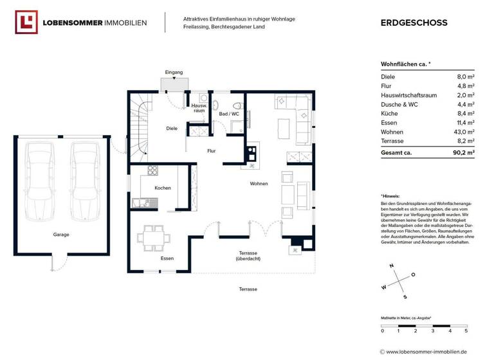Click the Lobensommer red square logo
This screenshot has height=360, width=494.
[26, 22]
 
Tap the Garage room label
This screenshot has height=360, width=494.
[61, 235]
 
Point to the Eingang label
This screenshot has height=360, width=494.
[174, 72]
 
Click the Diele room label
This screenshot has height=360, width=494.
[172, 128]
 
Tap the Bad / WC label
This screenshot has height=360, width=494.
[229, 114]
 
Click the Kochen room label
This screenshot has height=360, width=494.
[163, 188]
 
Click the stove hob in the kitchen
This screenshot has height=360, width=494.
[153, 170]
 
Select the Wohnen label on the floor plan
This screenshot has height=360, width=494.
[259, 184]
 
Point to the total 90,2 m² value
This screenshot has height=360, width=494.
[462, 153]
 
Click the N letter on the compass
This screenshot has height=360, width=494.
[390, 265]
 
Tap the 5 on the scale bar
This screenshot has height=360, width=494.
[466, 331]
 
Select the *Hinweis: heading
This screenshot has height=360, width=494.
[390, 195]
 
